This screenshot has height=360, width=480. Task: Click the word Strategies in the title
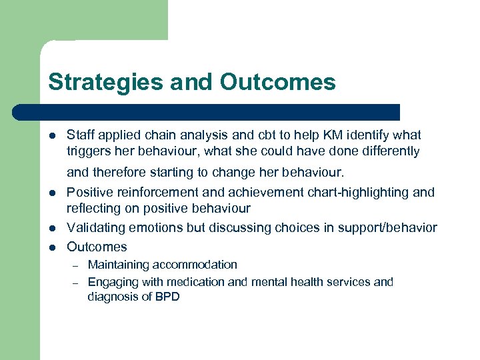[105, 83]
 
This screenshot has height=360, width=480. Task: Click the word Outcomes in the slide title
[277, 83]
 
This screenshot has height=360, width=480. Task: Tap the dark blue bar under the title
[207, 112]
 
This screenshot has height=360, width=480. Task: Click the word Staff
[81, 135]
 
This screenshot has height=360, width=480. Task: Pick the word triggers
[89, 151]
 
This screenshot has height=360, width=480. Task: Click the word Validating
[96, 227]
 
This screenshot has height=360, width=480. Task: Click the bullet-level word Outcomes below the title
[97, 246]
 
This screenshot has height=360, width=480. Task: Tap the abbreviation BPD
[167, 297]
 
